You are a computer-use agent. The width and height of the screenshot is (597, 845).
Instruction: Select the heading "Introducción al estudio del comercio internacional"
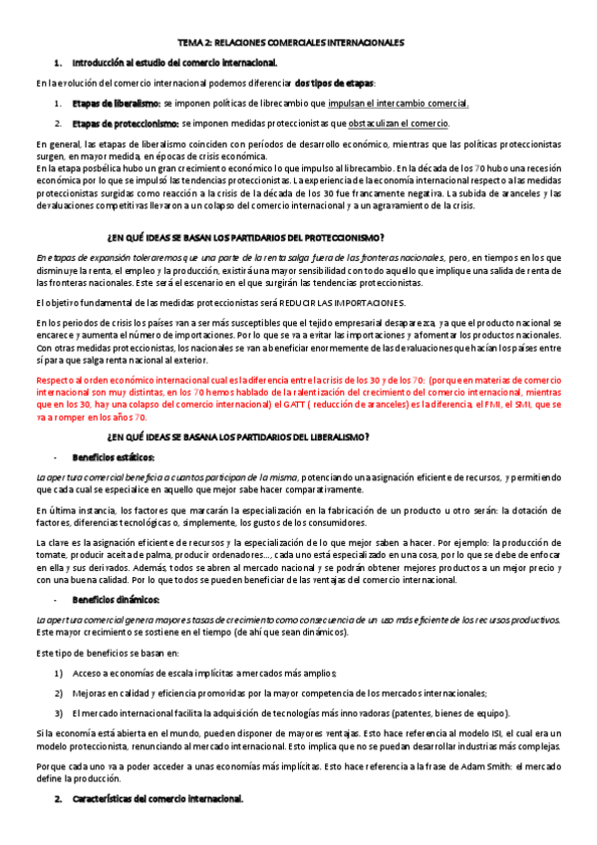(174, 63)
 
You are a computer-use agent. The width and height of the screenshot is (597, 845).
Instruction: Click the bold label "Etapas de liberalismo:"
(117, 103)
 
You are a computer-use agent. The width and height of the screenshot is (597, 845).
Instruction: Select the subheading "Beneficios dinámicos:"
(117, 601)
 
